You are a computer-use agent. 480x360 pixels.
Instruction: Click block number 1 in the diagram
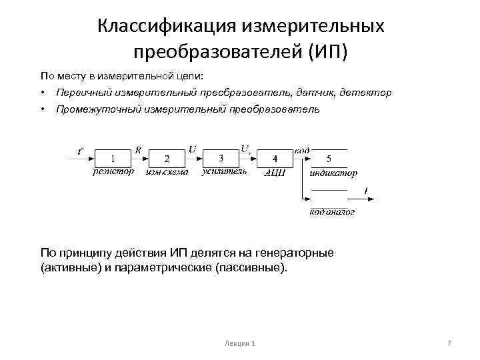[x=113, y=159]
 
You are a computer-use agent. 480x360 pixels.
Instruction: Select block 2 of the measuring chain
[x=167, y=159]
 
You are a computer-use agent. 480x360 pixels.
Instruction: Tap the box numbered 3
[x=221, y=158]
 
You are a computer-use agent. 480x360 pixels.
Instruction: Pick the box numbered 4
[x=275, y=159]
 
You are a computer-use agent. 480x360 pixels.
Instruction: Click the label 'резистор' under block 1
[x=113, y=172]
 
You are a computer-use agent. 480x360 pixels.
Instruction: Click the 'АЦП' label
[x=275, y=173]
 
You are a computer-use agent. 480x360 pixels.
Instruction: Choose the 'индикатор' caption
[x=333, y=173]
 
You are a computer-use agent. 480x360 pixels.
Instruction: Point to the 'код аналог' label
[x=332, y=212]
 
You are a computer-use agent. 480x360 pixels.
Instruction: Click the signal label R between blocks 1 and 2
[x=138, y=149]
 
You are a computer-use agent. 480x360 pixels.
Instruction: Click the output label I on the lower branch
[x=366, y=191]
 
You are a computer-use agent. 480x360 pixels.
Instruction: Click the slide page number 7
[x=449, y=343]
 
